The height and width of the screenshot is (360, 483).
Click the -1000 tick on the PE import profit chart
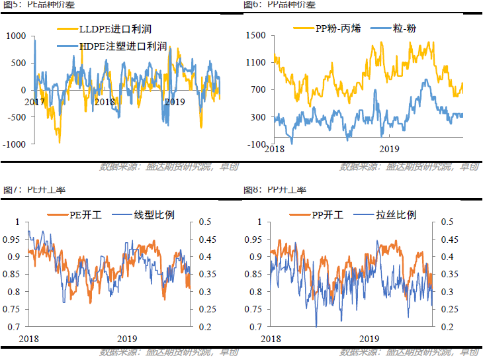15,144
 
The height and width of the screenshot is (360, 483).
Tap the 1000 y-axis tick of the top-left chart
16,36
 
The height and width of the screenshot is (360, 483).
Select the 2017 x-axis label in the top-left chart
34,102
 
